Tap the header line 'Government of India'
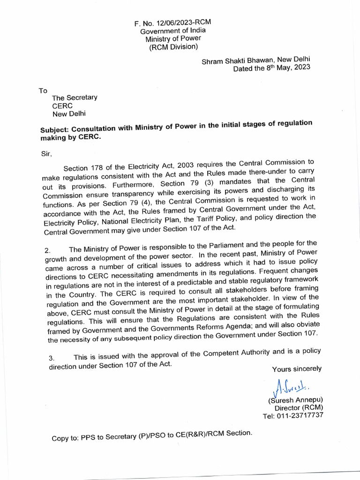click(173, 30)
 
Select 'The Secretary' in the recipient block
click(75, 97)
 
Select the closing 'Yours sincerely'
click(297, 369)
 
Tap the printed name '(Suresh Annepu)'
click(295, 400)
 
